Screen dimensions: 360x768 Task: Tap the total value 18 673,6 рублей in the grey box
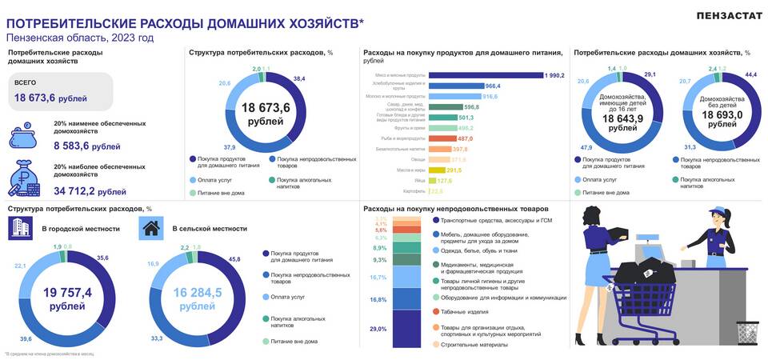(x=50, y=98)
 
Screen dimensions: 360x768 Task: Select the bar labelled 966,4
(x=457, y=86)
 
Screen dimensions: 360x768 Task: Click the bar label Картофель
(x=415, y=191)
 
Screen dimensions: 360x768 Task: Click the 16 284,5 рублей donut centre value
(x=195, y=298)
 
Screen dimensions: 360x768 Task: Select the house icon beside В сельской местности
(x=150, y=229)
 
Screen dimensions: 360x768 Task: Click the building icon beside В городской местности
(x=20, y=229)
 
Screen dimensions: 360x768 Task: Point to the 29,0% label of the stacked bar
(x=378, y=329)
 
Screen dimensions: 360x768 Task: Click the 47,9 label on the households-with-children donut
(x=586, y=147)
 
